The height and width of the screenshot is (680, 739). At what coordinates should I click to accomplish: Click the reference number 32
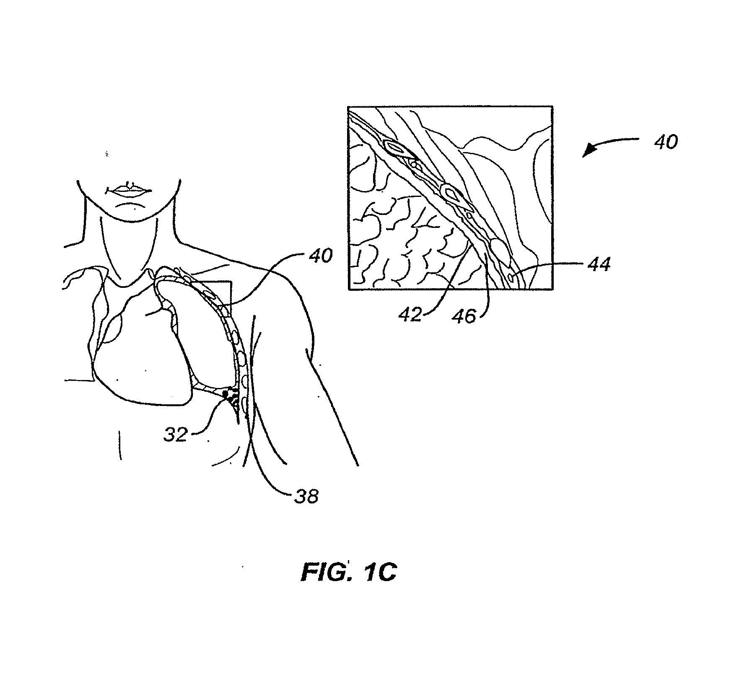coord(175,434)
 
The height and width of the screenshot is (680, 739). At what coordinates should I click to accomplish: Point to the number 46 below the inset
coord(464,316)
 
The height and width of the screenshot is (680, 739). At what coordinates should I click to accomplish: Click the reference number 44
coord(599,265)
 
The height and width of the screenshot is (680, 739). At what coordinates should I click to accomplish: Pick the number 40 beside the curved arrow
coord(666,142)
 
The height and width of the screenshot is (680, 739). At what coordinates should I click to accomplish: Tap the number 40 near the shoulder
coord(321,255)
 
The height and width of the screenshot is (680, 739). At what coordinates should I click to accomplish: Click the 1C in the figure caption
coord(379,573)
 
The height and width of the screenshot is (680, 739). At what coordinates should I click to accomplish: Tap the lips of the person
coord(130,190)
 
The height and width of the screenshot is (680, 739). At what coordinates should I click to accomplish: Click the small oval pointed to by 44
coord(511,277)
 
